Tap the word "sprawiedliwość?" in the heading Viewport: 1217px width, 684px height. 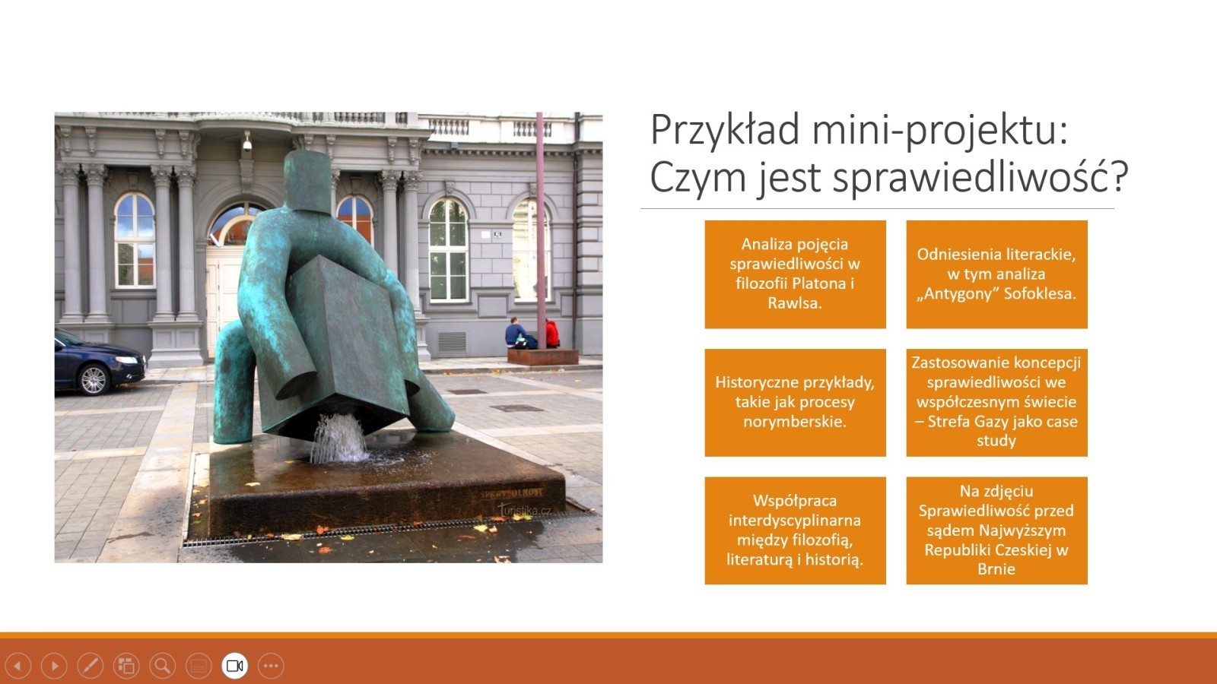point(980,177)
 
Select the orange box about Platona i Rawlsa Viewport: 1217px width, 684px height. point(796,274)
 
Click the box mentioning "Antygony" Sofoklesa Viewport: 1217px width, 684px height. point(997,274)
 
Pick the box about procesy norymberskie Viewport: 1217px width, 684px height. point(796,402)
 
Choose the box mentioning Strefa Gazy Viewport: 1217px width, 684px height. point(997,402)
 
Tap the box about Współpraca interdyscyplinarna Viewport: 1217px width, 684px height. point(796,530)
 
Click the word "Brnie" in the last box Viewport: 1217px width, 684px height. point(996,569)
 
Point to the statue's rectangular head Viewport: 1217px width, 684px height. point(307,182)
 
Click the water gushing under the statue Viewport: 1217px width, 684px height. point(339,438)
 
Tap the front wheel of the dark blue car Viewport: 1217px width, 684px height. point(94,379)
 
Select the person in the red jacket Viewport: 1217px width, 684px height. point(551,334)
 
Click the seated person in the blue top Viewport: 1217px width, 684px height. point(515,333)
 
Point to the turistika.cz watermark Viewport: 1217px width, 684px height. point(526,510)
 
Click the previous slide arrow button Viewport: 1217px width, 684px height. point(18,666)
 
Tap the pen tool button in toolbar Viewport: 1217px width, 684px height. point(91,666)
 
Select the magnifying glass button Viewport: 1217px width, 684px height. point(163,666)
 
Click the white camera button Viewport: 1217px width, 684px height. point(235,666)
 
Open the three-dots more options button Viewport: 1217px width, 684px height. point(271,666)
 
